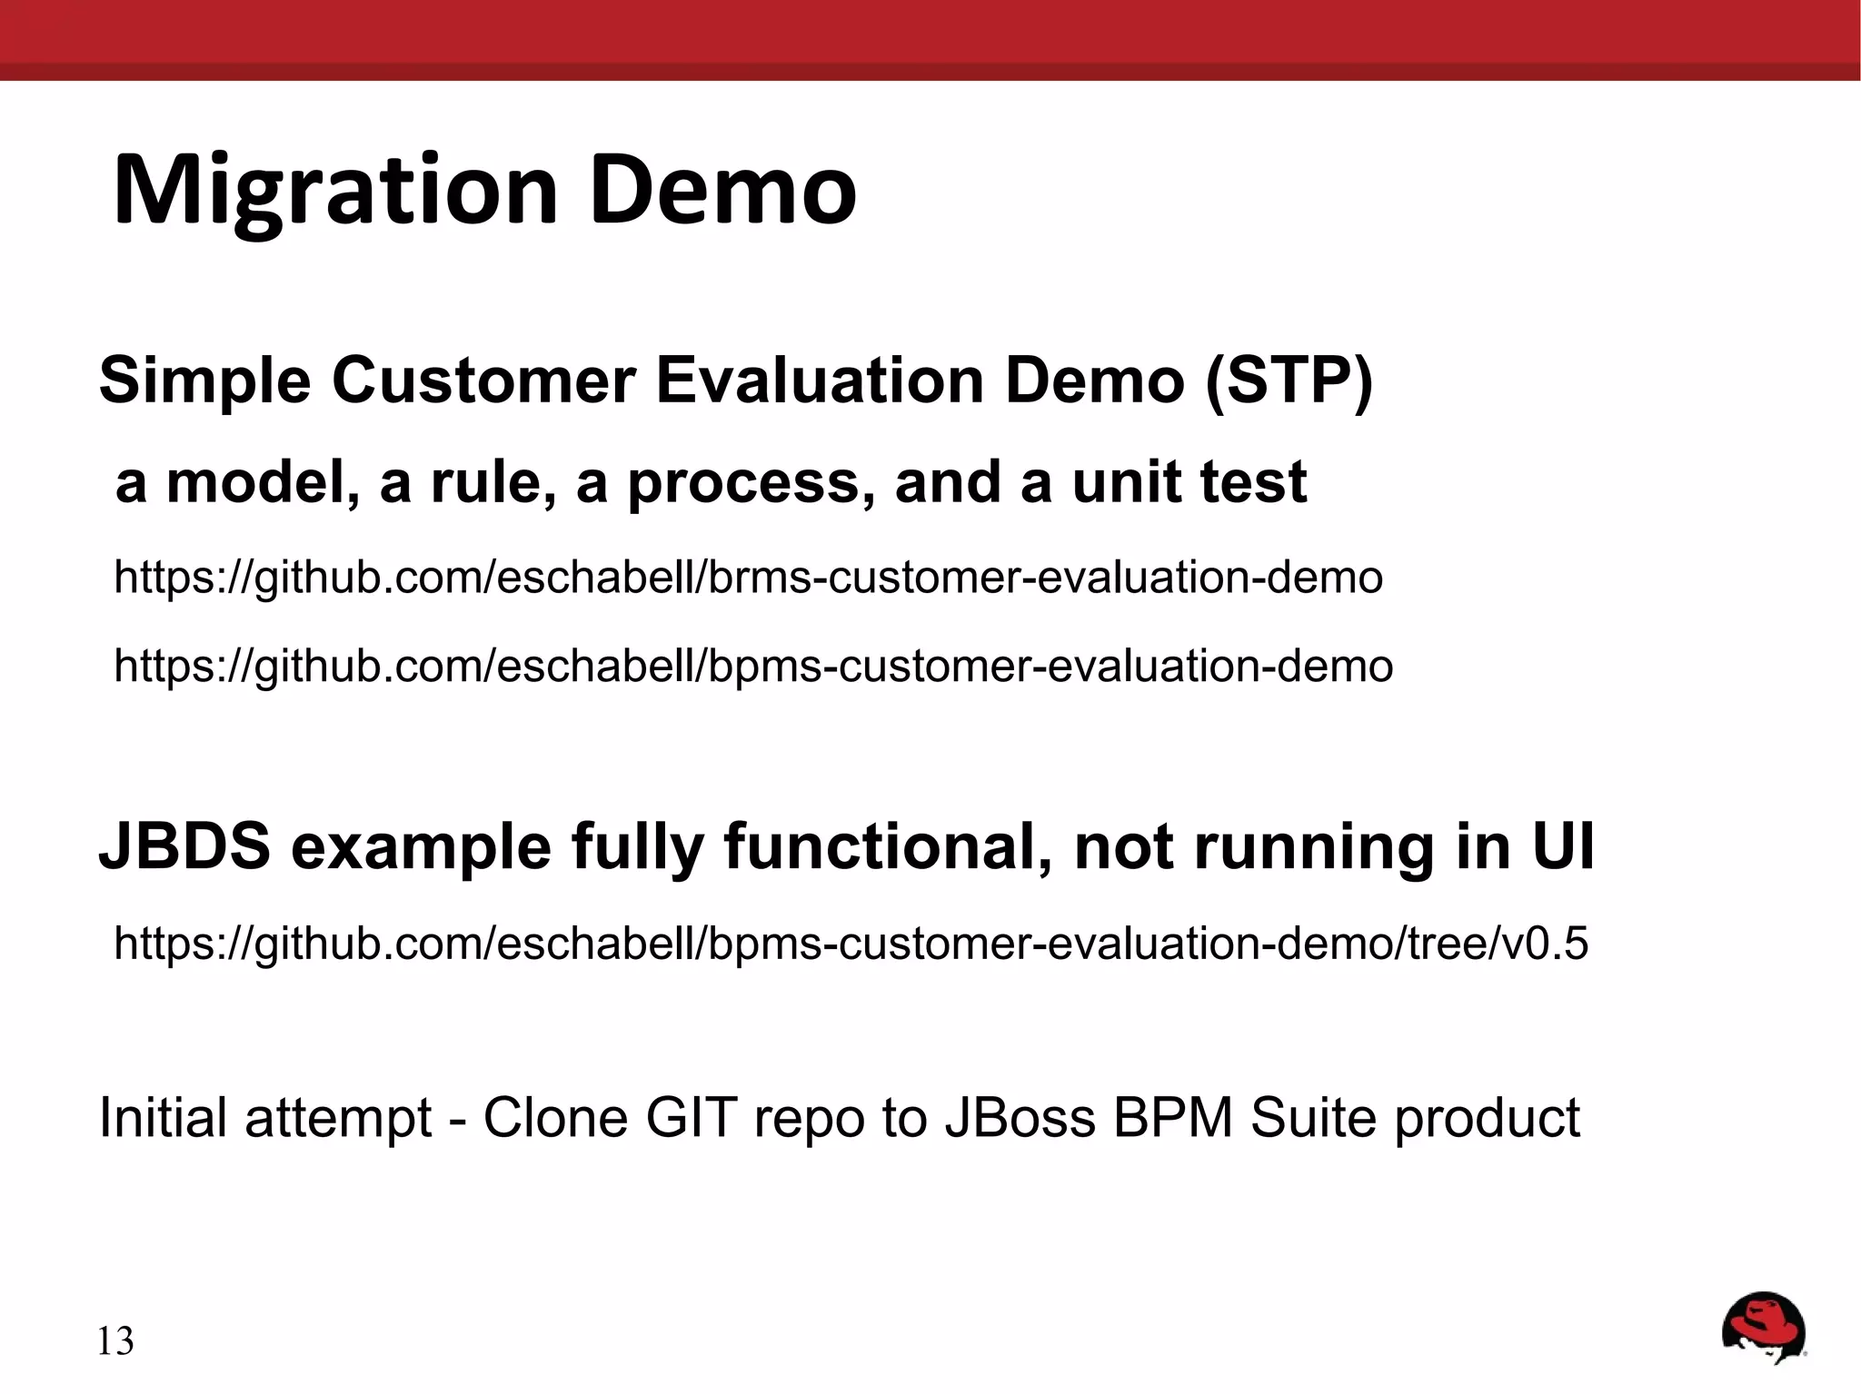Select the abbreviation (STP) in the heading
pos(1289,381)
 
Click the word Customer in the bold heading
pos(483,381)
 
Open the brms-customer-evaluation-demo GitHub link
pos(748,578)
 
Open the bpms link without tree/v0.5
pos(753,666)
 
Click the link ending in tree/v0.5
pos(851,943)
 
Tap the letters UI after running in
pos(1563,846)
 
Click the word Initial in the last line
pos(163,1117)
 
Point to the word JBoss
pos(1020,1117)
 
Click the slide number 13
pos(115,1341)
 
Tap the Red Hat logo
pos(1763,1328)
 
